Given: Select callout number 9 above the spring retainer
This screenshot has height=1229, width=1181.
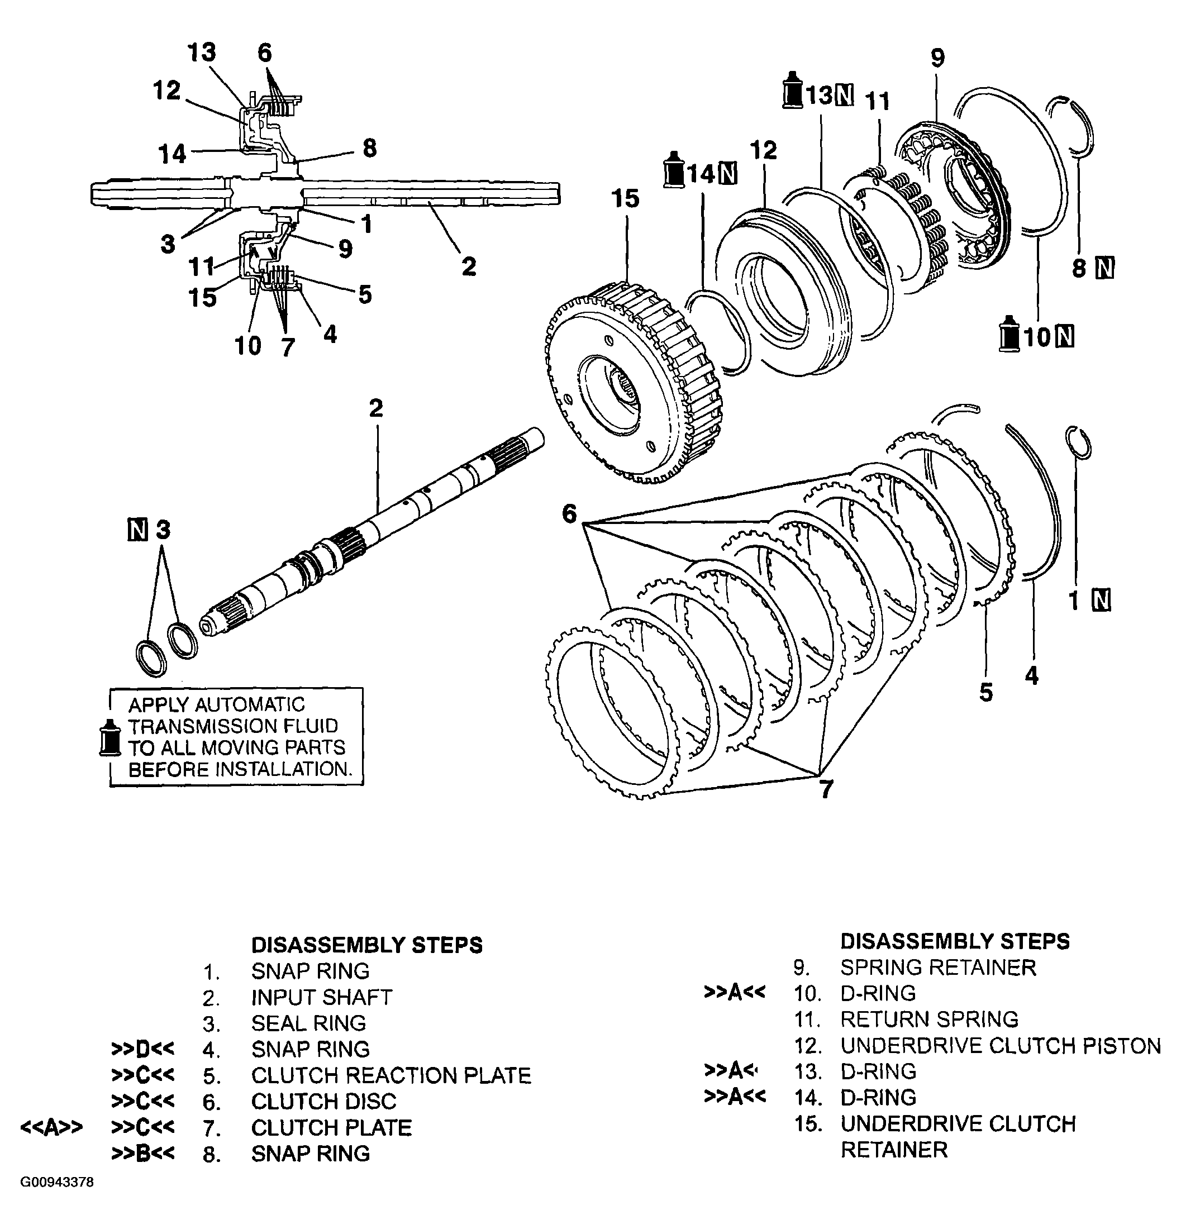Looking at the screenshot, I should [x=937, y=58].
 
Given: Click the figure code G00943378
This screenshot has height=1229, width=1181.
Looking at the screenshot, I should [x=56, y=1183].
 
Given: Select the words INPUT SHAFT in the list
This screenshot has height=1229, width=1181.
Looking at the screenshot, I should [x=322, y=997].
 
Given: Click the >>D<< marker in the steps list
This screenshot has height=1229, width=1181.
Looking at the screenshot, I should [x=143, y=1049].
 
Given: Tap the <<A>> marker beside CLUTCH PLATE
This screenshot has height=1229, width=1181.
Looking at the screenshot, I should [x=51, y=1127].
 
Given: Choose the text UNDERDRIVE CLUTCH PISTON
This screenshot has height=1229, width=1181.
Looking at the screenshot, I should [x=1001, y=1046].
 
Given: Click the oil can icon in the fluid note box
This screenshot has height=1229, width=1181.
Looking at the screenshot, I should [x=111, y=737].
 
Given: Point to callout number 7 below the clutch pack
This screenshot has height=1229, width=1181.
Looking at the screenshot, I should [x=826, y=789].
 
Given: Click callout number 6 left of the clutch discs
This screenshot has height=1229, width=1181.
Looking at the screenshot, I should [x=569, y=514].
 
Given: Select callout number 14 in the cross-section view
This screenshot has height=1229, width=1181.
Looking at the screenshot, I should [x=172, y=154].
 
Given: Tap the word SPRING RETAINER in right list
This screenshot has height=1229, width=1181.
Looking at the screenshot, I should [x=937, y=968].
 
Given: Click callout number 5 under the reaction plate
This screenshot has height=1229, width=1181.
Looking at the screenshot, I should [x=985, y=693].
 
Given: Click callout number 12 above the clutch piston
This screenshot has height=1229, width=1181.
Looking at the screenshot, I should [x=763, y=150].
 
